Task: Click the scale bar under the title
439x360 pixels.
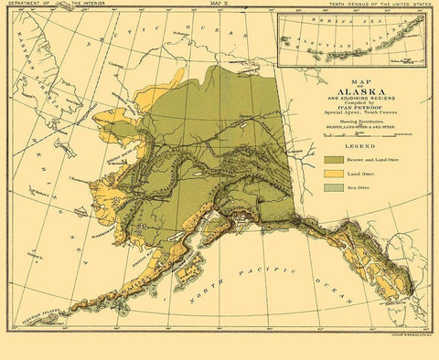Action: [346, 134]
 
